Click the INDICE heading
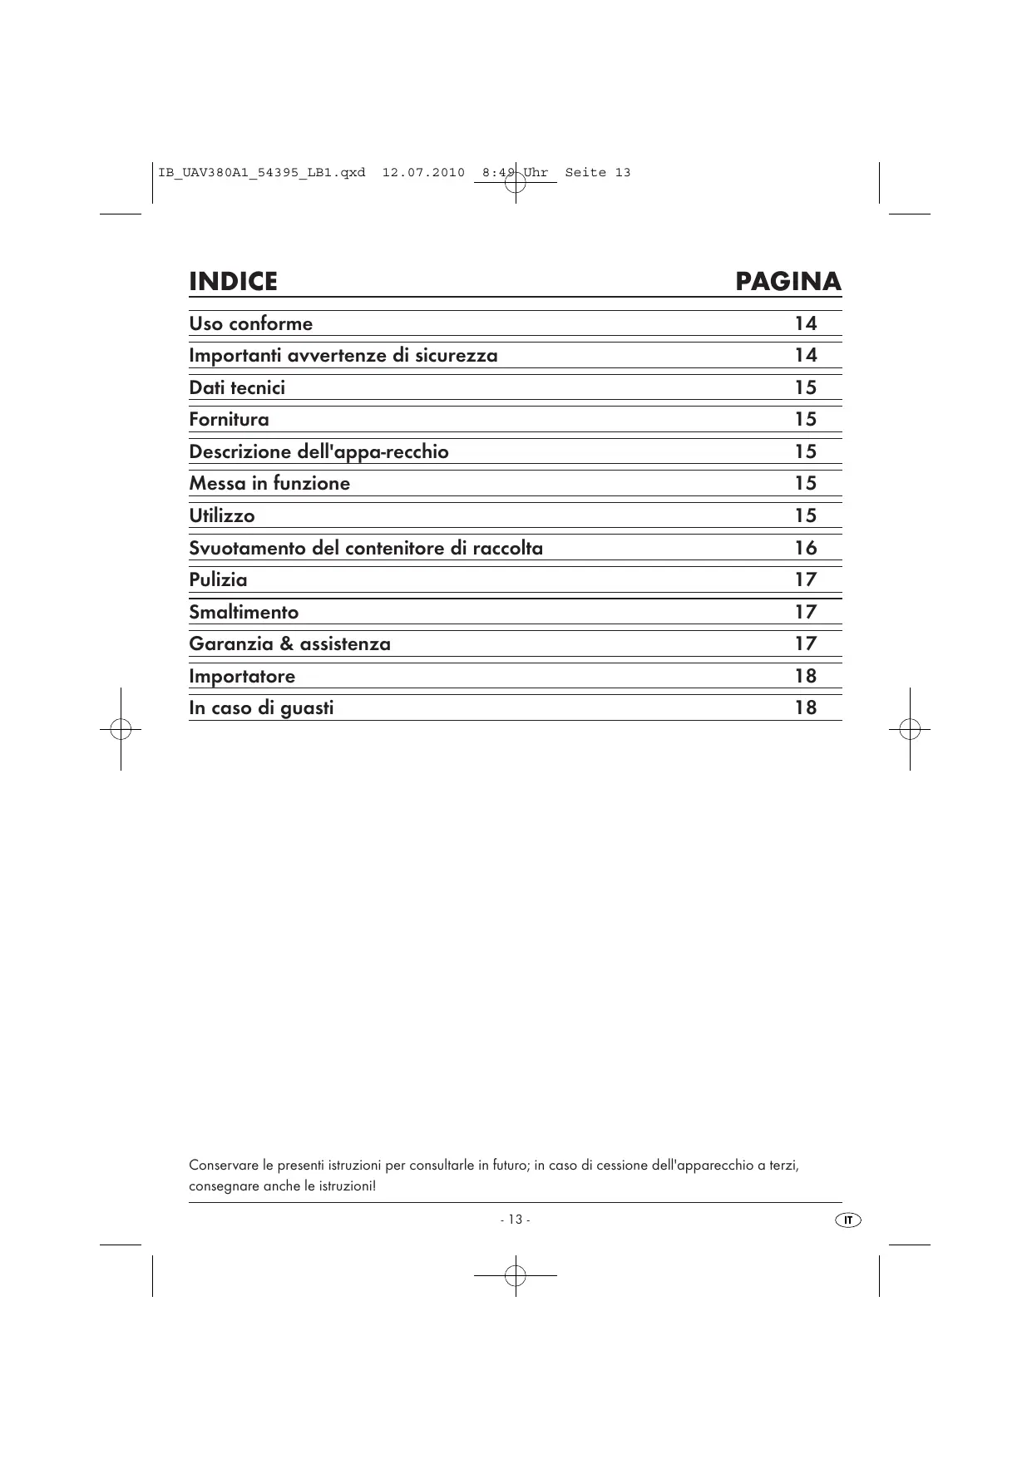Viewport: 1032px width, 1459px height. (233, 282)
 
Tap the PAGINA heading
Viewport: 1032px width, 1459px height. (788, 282)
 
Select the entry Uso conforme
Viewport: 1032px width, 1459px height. (250, 323)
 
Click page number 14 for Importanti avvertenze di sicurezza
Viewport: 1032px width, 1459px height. (805, 355)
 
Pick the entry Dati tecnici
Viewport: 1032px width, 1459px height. (237, 387)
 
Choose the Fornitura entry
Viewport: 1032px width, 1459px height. (229, 419)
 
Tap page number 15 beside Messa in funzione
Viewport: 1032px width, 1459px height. (805, 483)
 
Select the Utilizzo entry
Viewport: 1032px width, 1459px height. (221, 515)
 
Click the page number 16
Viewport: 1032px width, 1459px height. (805, 548)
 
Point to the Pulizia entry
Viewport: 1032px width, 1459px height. (218, 579)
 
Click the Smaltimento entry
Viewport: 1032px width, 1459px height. (244, 612)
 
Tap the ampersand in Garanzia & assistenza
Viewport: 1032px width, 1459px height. (287, 643)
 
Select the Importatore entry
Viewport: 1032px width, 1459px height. (242, 676)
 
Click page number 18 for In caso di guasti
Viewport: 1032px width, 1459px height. (805, 707)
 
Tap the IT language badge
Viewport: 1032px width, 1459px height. (847, 1220)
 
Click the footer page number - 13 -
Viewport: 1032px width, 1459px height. (516, 1220)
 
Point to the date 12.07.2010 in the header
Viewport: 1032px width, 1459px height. (423, 173)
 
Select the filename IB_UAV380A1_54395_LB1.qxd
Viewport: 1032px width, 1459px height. (261, 173)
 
